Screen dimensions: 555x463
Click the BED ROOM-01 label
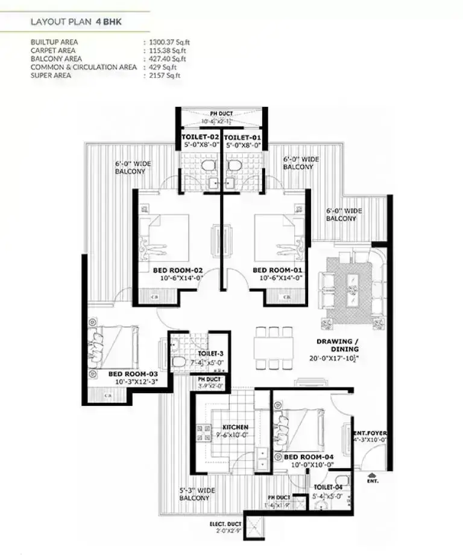click(277, 269)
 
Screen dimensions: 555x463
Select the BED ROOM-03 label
click(133, 374)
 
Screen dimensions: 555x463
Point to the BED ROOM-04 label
click(308, 457)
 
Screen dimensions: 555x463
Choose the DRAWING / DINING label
click(338, 345)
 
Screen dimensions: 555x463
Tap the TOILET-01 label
click(244, 137)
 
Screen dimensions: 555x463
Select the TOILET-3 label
click(211, 353)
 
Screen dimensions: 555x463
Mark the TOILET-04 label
click(328, 486)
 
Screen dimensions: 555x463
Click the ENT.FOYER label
click(370, 433)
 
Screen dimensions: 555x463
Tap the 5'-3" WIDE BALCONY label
click(194, 494)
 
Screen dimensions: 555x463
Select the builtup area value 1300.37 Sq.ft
click(172, 42)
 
